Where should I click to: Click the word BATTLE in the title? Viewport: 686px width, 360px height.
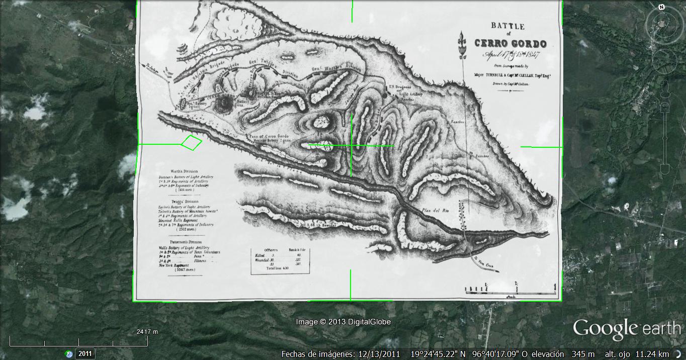tap(508, 26)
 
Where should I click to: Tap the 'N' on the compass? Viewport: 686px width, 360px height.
tap(662, 7)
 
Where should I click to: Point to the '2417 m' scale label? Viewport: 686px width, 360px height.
tap(147, 332)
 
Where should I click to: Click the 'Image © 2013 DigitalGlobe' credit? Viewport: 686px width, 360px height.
tap(343, 322)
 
